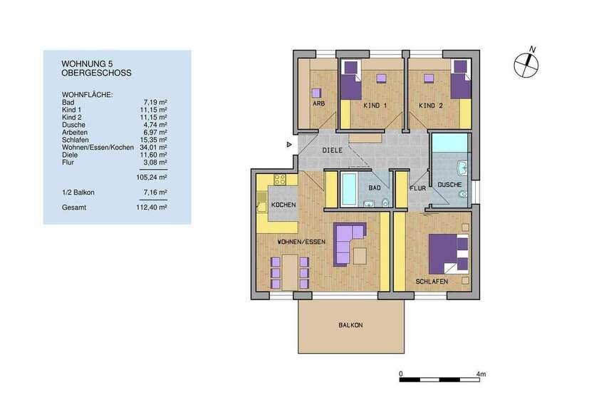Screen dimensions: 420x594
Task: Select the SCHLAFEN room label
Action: [x=432, y=282]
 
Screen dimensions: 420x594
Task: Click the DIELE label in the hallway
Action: [x=332, y=150]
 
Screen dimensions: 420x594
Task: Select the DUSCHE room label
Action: [x=449, y=185]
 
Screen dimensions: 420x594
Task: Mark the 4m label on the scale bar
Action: [x=481, y=373]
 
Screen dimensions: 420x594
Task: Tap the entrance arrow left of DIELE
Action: [x=288, y=145]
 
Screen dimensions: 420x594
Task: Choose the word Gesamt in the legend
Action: [x=74, y=207]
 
